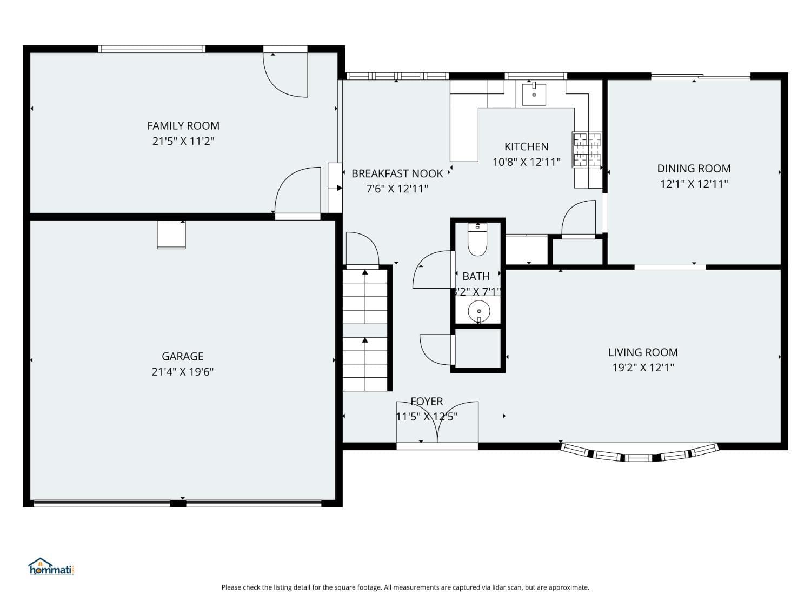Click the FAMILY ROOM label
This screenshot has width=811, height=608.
183,126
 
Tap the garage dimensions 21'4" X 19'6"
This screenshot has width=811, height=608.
183,372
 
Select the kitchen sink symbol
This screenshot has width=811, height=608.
534,95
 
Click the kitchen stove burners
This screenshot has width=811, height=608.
587,150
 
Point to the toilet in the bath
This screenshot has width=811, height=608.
477,240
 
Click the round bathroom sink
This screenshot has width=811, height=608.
478,311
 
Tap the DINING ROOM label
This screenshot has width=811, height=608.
694,169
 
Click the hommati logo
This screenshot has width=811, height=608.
51,567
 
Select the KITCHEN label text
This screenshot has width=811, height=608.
526,146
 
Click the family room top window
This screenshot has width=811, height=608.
152,49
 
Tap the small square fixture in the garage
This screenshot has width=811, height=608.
171,235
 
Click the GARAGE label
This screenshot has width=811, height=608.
183,357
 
